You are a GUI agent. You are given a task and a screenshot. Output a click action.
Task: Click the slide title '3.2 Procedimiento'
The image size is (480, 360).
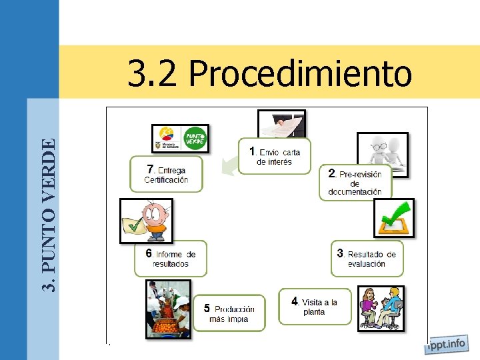pos(269,73)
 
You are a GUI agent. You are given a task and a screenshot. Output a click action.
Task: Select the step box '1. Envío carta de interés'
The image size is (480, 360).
pos(275,156)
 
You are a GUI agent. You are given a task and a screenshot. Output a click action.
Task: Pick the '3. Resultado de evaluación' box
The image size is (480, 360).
pos(367,258)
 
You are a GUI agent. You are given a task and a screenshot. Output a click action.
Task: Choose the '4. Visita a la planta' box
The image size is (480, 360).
pos(314,306)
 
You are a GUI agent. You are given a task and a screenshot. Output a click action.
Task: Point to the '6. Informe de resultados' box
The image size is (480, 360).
pos(170,258)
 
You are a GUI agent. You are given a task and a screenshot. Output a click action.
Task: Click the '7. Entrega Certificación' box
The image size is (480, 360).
pos(166,174)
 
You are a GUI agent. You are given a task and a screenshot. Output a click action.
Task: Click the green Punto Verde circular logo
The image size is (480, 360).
pos(195,139)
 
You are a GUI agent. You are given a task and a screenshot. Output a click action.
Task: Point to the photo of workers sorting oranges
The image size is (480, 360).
pos(168,309)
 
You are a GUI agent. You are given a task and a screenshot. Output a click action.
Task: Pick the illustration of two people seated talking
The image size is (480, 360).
pos(381,308)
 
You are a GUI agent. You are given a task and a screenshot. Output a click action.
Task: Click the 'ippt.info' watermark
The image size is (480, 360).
pos(446,345)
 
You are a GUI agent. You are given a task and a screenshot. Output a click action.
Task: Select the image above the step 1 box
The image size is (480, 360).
pos(281,124)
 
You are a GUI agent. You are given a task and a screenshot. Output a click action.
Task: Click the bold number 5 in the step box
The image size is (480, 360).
pos(207,308)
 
